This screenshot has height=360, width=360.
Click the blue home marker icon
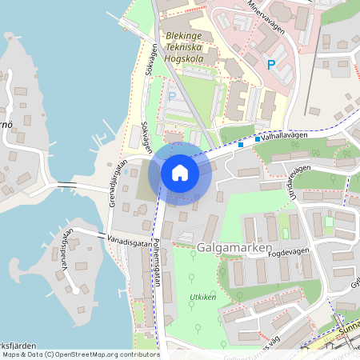(x=180, y=172)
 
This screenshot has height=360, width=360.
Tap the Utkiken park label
(x=203, y=296)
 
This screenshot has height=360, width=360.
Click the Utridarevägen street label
(x=291, y=182)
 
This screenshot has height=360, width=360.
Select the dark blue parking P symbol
(x=271, y=64)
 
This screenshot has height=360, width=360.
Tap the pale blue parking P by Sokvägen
(x=172, y=97)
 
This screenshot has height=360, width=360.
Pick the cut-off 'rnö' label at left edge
(x=6, y=126)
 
